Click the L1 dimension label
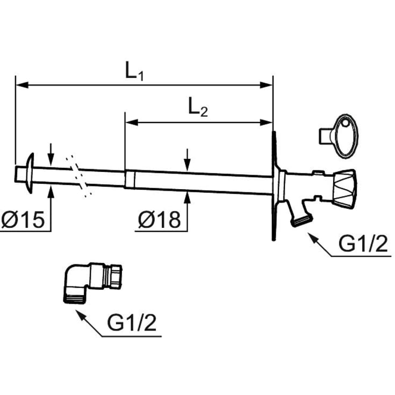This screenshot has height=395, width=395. (x=134, y=72)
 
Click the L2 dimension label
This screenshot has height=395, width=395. (x=198, y=109)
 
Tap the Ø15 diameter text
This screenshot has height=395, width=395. (x=23, y=220)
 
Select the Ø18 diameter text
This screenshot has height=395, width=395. (x=160, y=220)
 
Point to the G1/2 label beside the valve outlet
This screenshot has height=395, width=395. (x=363, y=243)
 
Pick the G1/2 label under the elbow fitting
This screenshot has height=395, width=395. (x=132, y=323)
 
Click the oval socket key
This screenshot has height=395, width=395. (x=339, y=137)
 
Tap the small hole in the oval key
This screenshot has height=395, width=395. (x=345, y=123)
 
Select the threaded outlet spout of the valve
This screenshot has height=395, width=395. (x=301, y=221)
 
